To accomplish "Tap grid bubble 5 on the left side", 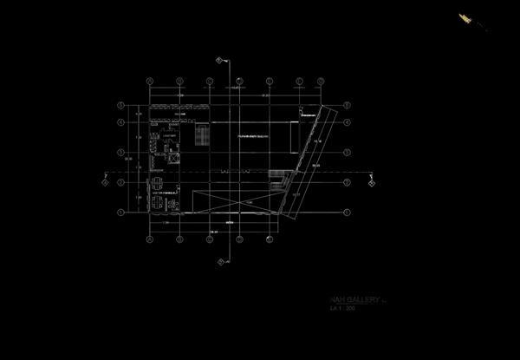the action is point(120,106).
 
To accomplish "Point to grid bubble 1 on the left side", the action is point(120,211).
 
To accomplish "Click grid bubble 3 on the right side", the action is point(348,153).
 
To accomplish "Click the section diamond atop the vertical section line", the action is point(220,59).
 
